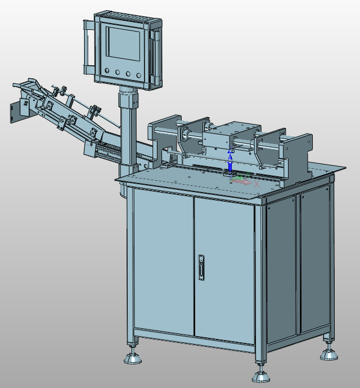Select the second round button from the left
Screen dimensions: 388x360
118,72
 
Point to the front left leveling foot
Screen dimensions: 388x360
133,356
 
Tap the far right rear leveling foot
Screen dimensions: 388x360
328,353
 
